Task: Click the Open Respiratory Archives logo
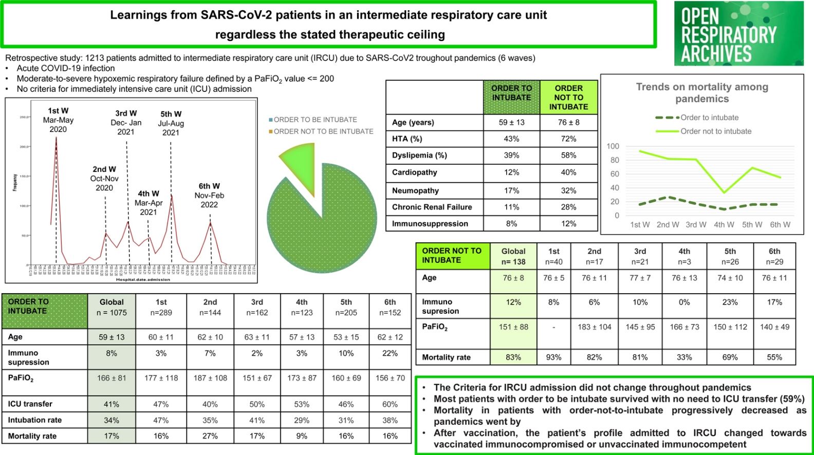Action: (x=738, y=33)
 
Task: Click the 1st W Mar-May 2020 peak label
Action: (x=58, y=120)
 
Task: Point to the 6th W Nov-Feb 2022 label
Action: (x=209, y=195)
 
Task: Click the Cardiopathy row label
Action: (x=415, y=173)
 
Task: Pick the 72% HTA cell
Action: (x=568, y=139)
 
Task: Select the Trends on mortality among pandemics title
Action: (x=702, y=92)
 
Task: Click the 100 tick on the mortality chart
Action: (x=613, y=146)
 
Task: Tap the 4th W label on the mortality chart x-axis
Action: (x=724, y=224)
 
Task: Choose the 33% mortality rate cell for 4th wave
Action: (x=684, y=357)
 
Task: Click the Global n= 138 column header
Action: (x=513, y=256)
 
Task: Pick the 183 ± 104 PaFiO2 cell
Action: (x=594, y=327)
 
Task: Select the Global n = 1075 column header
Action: (x=112, y=307)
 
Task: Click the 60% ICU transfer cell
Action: (x=390, y=404)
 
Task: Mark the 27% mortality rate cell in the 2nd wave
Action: (x=210, y=436)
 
